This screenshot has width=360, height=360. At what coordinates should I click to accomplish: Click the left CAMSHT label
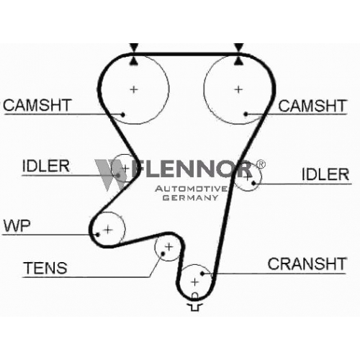(x=37, y=105)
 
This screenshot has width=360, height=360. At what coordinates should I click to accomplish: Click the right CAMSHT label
(x=312, y=106)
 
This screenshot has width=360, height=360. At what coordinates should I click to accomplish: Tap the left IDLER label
(x=45, y=166)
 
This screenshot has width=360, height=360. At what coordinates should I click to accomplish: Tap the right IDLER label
(x=325, y=174)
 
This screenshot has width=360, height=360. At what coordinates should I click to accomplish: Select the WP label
(x=17, y=225)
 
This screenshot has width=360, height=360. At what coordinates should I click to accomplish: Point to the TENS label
(x=45, y=268)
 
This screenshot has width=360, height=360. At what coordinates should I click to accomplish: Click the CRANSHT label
(x=307, y=264)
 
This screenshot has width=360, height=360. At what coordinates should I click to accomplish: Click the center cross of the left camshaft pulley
(x=134, y=89)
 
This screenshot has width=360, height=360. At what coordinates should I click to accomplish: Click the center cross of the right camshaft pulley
(x=238, y=89)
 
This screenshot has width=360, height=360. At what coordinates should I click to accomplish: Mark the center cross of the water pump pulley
(x=108, y=230)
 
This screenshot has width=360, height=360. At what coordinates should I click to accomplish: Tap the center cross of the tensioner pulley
(x=169, y=247)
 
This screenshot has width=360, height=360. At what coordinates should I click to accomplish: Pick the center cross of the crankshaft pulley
(x=195, y=282)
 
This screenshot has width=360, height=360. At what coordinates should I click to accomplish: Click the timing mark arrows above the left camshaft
(x=134, y=54)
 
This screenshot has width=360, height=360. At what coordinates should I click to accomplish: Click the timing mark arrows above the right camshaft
(x=238, y=54)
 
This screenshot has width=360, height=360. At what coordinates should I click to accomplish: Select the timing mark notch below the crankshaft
(x=195, y=302)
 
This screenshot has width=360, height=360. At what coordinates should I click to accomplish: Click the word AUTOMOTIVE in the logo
(x=192, y=189)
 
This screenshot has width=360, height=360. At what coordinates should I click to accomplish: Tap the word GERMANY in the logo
(x=191, y=198)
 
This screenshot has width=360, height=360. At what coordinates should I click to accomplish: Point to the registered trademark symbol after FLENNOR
(x=261, y=164)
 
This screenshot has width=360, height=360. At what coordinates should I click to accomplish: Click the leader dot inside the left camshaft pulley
(x=122, y=114)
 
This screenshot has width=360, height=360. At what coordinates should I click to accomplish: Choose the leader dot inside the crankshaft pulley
(x=202, y=273)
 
